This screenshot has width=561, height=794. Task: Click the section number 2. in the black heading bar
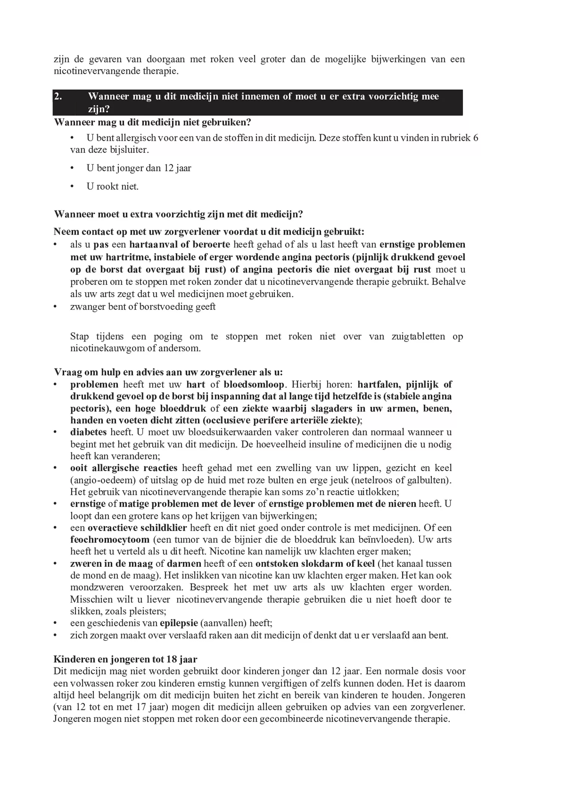[58, 96]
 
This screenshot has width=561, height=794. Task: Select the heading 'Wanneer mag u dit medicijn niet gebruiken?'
[152, 122]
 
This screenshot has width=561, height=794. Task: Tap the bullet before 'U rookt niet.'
[72, 186]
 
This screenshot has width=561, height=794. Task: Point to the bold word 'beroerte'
[211, 245]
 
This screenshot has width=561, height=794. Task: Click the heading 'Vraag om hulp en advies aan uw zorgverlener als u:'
[168, 372]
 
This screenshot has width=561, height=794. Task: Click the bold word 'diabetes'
[88, 432]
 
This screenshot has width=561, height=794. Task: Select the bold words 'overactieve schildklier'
[137, 528]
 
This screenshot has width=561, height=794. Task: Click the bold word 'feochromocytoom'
[110, 540]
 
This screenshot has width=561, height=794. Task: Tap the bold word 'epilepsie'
[179, 623]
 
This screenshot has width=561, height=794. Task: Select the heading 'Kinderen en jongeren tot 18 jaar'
[125, 659]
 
